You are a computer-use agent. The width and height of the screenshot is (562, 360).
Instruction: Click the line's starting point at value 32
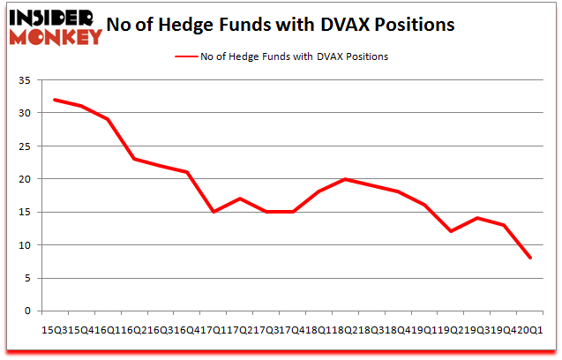point(55,100)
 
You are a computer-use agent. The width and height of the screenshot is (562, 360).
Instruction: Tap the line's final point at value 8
point(529,258)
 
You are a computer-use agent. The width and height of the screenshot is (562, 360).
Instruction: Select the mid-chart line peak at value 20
point(345,179)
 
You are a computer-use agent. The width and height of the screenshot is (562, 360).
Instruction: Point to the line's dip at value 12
point(451,231)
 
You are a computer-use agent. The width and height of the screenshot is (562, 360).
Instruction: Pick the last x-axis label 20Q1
point(530,328)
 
